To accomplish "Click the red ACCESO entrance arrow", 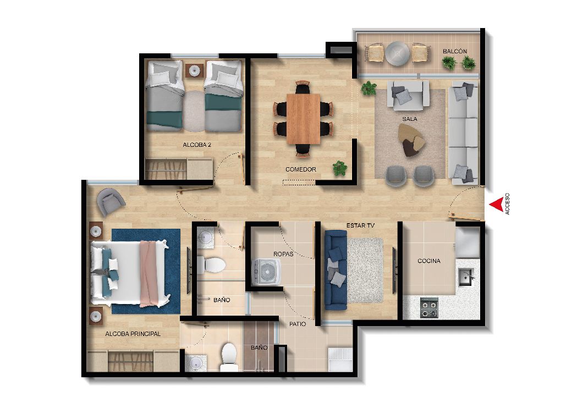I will pyautogui.click(x=495, y=205).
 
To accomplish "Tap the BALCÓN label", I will pyautogui.click(x=454, y=52).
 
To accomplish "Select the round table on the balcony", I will pyautogui.click(x=397, y=53).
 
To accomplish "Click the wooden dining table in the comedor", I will pyautogui.click(x=303, y=118).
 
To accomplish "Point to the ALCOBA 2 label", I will pyautogui.click(x=197, y=145).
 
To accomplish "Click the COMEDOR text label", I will pyautogui.click(x=300, y=169).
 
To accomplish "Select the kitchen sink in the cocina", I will pyautogui.click(x=466, y=277).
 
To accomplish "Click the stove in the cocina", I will pyautogui.click(x=428, y=308).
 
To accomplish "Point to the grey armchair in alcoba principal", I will pyautogui.click(x=111, y=201).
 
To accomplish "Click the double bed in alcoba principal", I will pyautogui.click(x=130, y=273).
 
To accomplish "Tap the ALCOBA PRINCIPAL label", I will pyautogui.click(x=133, y=334).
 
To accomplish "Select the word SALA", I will pyautogui.click(x=409, y=119).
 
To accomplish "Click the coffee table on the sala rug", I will pyautogui.click(x=412, y=140).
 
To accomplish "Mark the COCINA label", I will pyautogui.click(x=428, y=261).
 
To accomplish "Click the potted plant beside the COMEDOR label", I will pyautogui.click(x=340, y=167).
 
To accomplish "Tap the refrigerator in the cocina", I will pyautogui.click(x=468, y=244).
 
